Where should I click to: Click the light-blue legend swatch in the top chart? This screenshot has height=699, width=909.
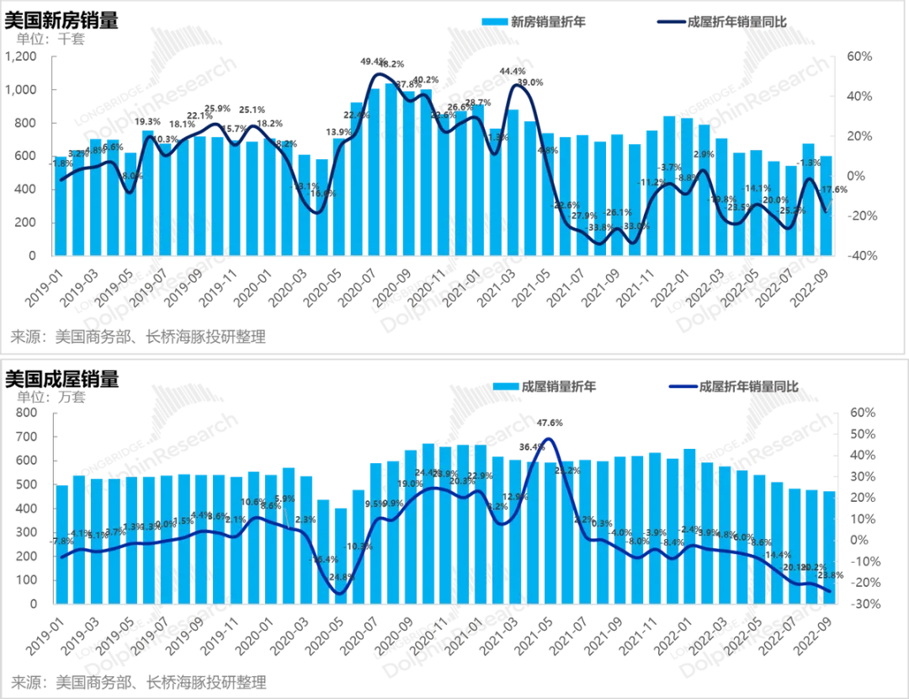pyautogui.click(x=495, y=21)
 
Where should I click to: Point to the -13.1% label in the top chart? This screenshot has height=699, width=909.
pyautogui.click(x=306, y=186)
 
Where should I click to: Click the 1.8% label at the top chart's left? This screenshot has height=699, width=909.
pyautogui.click(x=61, y=163)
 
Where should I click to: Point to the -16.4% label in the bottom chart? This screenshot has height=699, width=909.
pyautogui.click(x=325, y=558)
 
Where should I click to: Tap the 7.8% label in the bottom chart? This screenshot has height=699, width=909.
pyautogui.click(x=61, y=542)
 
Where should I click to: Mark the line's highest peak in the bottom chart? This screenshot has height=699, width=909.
pyautogui.click(x=549, y=438)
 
